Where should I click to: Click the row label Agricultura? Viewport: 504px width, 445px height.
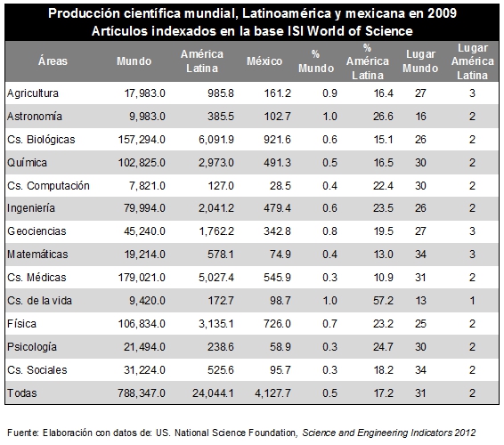[33, 93]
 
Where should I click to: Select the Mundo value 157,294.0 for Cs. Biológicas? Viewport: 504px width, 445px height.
[142, 140]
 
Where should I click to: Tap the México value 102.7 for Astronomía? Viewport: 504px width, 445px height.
[278, 117]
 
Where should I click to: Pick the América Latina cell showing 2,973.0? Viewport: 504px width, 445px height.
[216, 163]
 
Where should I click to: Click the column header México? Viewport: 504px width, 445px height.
[264, 61]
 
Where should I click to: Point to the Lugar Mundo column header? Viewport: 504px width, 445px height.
[420, 61]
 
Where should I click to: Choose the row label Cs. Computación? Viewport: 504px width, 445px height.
[48, 186]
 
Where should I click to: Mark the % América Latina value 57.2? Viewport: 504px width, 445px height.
[383, 301]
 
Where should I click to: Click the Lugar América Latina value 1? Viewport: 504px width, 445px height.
[472, 301]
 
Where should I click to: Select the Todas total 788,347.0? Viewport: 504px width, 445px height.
[142, 393]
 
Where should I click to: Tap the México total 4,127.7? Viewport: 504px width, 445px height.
[272, 393]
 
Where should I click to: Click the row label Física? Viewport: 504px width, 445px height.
[21, 324]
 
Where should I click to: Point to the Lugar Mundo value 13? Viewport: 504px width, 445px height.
[420, 301]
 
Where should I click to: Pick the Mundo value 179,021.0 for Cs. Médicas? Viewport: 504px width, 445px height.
[142, 278]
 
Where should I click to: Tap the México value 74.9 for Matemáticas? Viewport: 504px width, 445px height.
[280, 255]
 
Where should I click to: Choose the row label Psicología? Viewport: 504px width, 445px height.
[32, 347]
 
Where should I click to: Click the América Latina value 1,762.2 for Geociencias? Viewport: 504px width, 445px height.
[216, 231]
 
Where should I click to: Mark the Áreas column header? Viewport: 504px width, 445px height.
[53, 61]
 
